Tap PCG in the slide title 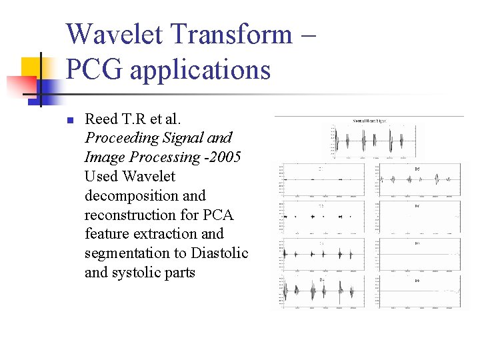coord(94,69)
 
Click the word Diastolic coord(219,253)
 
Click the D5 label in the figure coord(417,169)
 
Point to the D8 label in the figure coord(417,281)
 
